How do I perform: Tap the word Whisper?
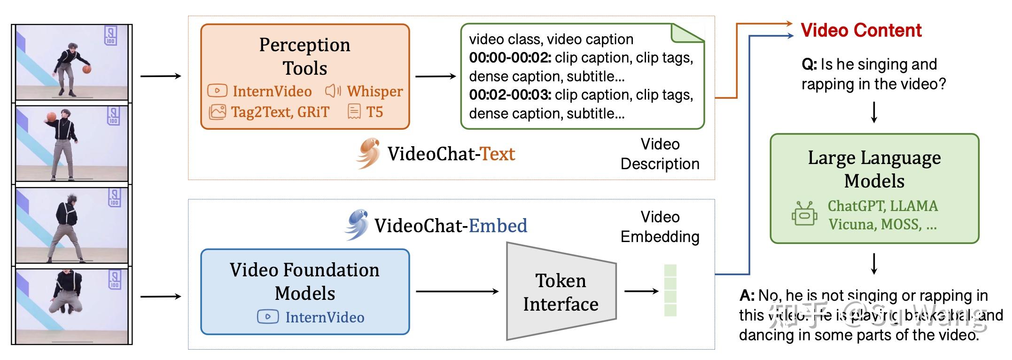coord(374,91)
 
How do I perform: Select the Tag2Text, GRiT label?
coord(280,112)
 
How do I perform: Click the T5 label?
coord(374,112)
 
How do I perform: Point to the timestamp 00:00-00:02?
coord(510,58)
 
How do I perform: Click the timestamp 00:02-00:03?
coord(510,95)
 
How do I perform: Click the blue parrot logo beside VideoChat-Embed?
coord(357,224)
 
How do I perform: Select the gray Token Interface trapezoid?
coord(560,292)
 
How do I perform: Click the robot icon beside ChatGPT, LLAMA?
coord(804,214)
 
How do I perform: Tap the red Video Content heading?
coord(861,31)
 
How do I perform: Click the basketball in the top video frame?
coord(87,69)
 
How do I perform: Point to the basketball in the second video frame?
coord(51,117)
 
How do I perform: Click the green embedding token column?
coord(670,290)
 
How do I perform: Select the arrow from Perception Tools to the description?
coord(436,76)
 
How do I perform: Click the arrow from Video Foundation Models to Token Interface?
coord(457,291)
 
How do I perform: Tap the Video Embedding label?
coord(660,227)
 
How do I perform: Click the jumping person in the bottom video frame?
coord(66,292)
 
